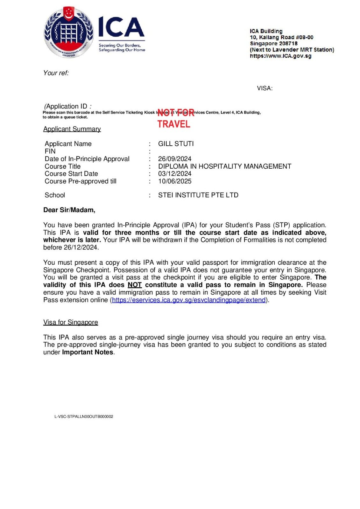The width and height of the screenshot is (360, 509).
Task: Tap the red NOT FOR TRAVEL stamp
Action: point(174,118)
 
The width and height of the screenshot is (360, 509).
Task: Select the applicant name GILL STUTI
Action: point(176,144)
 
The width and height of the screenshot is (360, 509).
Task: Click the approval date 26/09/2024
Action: point(175,159)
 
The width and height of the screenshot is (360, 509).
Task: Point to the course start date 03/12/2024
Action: point(175,174)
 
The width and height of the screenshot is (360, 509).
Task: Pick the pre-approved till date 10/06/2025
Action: point(175,181)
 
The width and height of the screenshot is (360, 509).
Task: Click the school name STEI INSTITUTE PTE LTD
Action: point(198,195)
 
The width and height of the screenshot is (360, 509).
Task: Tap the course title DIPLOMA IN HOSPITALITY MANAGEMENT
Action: point(224,166)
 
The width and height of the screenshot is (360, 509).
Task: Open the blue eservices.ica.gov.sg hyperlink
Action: point(189,300)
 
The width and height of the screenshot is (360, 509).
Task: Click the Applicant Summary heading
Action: point(72,129)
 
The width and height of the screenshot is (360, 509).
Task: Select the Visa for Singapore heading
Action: point(71,322)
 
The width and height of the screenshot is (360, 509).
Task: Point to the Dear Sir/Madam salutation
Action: point(69,210)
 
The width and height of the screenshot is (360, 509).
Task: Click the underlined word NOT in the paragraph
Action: point(135,285)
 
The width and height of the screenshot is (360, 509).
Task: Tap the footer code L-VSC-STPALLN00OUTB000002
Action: point(84,416)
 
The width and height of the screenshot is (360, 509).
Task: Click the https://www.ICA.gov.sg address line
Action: point(280,56)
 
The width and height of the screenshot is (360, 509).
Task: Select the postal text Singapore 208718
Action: point(274,44)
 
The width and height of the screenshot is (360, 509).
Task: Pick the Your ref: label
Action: point(56,73)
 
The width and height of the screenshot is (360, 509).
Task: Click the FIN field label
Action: point(50,151)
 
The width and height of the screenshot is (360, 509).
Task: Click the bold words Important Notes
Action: point(88,352)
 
